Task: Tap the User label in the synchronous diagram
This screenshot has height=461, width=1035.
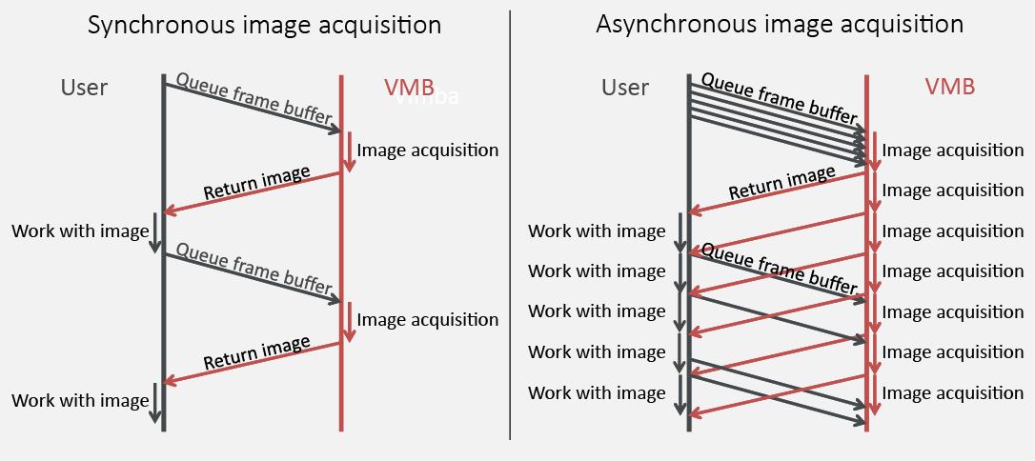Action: pyautogui.click(x=84, y=88)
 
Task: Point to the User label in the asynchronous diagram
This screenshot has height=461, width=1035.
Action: pyautogui.click(x=625, y=88)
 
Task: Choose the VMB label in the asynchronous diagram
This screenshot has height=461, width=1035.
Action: pyautogui.click(x=950, y=88)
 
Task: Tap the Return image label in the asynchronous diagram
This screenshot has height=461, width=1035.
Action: pyautogui.click(x=781, y=184)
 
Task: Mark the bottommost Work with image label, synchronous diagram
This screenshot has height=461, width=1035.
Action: pyautogui.click(x=80, y=400)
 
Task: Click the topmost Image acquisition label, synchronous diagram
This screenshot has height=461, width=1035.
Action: pyautogui.click(x=428, y=150)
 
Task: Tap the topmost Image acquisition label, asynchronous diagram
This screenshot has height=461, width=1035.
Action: pyautogui.click(x=953, y=150)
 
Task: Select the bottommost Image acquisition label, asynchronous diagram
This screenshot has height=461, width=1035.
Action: pyautogui.click(x=953, y=392)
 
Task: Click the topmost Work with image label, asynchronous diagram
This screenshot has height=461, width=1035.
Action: pyautogui.click(x=597, y=230)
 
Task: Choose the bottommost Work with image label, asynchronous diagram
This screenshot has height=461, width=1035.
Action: pyautogui.click(x=597, y=392)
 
